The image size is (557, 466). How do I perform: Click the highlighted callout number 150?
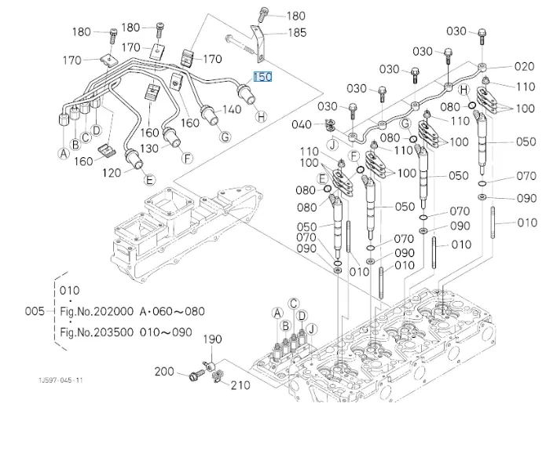262,77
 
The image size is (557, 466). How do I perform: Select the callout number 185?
297,33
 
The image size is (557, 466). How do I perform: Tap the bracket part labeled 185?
258,43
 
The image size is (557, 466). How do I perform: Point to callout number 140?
232,109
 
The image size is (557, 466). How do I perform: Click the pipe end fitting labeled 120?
134,159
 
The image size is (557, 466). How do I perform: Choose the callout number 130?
148,148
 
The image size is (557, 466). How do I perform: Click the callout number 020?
524,67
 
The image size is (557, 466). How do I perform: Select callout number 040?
301,124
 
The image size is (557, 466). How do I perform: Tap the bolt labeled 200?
196,374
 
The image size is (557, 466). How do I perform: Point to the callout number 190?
212,339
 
